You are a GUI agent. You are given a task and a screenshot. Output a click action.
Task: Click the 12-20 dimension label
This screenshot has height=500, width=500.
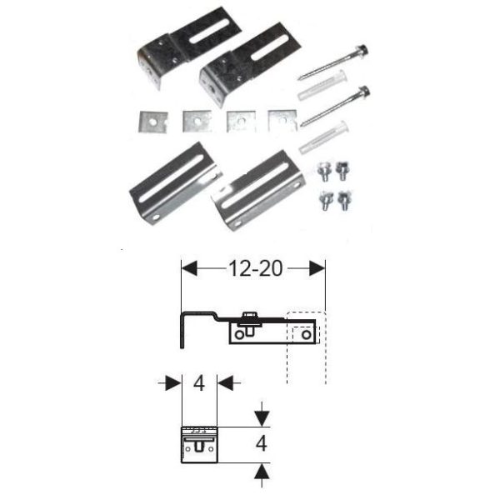pyautogui.click(x=252, y=268)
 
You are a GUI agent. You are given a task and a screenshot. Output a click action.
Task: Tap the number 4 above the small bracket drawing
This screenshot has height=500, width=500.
pyautogui.click(x=199, y=383)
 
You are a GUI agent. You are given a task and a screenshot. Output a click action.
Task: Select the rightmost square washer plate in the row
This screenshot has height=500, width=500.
pyautogui.click(x=282, y=120)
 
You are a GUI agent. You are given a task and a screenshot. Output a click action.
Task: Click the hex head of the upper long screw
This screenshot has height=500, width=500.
pyautogui.click(x=363, y=51)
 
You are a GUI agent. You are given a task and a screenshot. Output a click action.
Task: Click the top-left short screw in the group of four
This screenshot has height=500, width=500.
pyautogui.click(x=322, y=170)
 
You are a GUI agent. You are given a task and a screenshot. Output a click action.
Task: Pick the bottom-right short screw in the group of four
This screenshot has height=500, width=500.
pyautogui.click(x=342, y=202)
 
